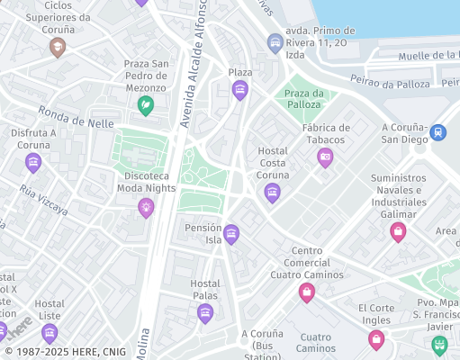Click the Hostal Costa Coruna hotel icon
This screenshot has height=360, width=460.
(272, 193)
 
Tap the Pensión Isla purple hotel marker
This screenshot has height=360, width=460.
(231, 234)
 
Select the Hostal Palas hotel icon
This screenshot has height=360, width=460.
(205, 313)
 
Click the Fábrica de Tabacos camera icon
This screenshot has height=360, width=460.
(325, 157)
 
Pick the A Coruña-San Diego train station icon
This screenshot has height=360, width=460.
(437, 131)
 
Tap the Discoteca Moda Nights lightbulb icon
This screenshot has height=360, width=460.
(145, 208)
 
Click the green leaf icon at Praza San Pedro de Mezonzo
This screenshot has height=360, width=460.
(145, 105)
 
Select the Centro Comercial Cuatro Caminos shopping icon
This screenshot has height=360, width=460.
(306, 292)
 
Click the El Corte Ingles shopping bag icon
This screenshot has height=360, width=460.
(376, 338)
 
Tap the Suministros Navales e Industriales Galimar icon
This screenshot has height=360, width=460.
(397, 232)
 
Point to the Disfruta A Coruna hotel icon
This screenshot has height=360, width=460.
(33, 163)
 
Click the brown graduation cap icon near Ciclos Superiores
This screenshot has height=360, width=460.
(58, 47)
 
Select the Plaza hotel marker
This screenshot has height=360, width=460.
(239, 89)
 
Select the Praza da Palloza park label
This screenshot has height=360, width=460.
(304, 100)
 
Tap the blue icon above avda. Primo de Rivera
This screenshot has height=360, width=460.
(275, 42)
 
